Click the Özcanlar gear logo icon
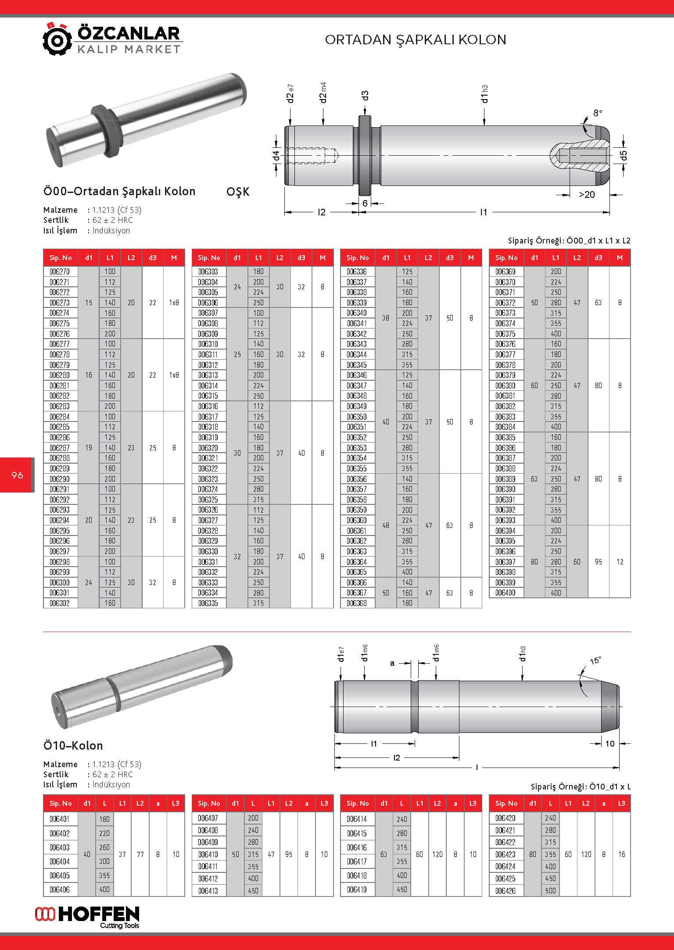[57, 39]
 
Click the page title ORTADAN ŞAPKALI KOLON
[415, 40]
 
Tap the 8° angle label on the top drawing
[598, 113]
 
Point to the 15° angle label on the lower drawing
[595, 661]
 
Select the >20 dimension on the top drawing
[587, 195]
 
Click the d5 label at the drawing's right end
[624, 155]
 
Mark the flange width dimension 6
[365, 204]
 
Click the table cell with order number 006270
[60, 271]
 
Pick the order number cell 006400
[505, 593]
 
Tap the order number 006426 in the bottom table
[505, 891]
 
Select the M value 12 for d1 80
[620, 562]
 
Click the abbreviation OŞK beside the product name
[238, 192]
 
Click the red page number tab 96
[17, 475]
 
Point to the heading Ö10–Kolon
[73, 746]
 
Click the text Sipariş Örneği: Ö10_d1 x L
[580, 786]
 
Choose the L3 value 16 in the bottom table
[621, 854]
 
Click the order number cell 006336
[357, 271]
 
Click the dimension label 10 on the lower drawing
[610, 743]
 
